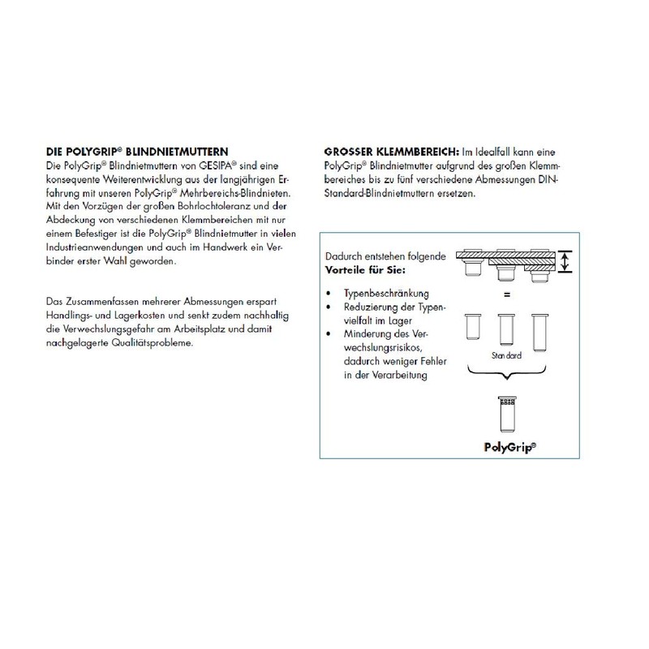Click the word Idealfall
click(504, 152)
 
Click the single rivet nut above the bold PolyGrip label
click(507, 415)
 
